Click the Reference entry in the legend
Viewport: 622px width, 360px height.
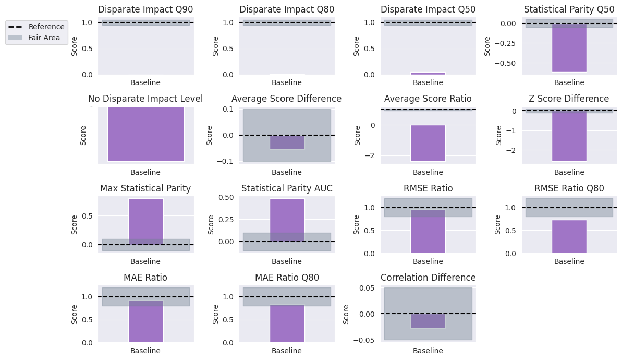(x=46, y=27)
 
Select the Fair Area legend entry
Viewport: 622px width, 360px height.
(x=44, y=38)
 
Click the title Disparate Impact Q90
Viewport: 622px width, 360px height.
(x=145, y=9)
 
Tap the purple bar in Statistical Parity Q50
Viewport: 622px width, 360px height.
(x=569, y=48)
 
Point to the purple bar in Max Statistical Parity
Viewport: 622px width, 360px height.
(x=145, y=221)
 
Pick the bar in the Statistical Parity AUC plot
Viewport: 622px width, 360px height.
(x=287, y=220)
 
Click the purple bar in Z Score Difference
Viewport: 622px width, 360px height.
(x=569, y=136)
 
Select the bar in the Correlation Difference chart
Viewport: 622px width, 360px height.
(x=428, y=321)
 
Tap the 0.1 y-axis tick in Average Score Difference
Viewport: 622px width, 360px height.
(x=228, y=109)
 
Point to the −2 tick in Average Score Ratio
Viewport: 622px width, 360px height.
(x=373, y=155)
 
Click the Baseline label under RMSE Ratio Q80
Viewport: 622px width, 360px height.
(x=569, y=261)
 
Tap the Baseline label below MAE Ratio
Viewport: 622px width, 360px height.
(x=145, y=351)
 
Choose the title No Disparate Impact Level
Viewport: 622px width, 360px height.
(x=145, y=99)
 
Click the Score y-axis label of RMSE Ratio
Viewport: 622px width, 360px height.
(x=356, y=224)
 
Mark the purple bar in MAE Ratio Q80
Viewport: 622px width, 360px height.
(x=287, y=323)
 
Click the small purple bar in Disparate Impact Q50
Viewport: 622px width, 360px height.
(x=428, y=74)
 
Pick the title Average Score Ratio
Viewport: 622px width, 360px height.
(x=428, y=99)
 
